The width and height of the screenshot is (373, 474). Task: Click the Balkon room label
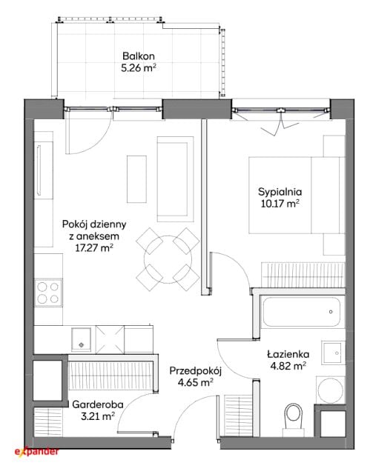[x=139, y=56]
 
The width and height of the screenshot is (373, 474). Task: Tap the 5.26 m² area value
[x=139, y=68]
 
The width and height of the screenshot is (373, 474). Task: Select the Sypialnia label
[x=280, y=192]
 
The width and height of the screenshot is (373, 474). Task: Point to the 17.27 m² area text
[x=94, y=248]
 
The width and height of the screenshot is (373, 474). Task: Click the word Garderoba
[x=97, y=404]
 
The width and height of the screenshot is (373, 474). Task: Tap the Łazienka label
[x=288, y=354]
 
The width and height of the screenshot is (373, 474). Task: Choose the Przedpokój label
[x=196, y=371]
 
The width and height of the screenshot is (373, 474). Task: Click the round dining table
[x=168, y=259]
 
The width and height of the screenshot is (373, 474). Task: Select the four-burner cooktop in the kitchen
[x=48, y=293]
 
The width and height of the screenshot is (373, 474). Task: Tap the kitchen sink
[x=81, y=339]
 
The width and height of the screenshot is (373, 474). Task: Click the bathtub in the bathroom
[x=301, y=312]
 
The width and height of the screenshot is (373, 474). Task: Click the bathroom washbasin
[x=333, y=353]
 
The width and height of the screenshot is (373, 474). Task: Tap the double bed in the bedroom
[x=297, y=195]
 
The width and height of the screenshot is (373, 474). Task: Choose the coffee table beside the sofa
[x=136, y=179]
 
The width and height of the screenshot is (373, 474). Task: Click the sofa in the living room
[x=175, y=179]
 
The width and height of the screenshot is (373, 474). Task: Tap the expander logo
[x=36, y=452]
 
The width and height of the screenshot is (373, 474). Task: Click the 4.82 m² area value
[x=288, y=366]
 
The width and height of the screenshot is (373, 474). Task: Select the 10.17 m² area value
[x=280, y=204]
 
